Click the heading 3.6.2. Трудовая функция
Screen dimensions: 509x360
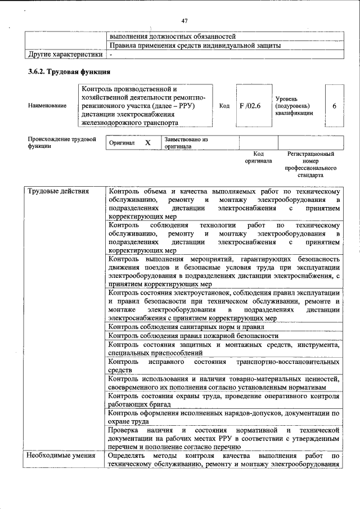[69, 71]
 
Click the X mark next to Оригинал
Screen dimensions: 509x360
[148, 143]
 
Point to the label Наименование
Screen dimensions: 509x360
[47, 106]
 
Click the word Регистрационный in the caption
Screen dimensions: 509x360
[310, 154]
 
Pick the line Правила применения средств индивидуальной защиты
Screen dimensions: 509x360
[195, 46]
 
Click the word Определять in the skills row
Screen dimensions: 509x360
[129, 455]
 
